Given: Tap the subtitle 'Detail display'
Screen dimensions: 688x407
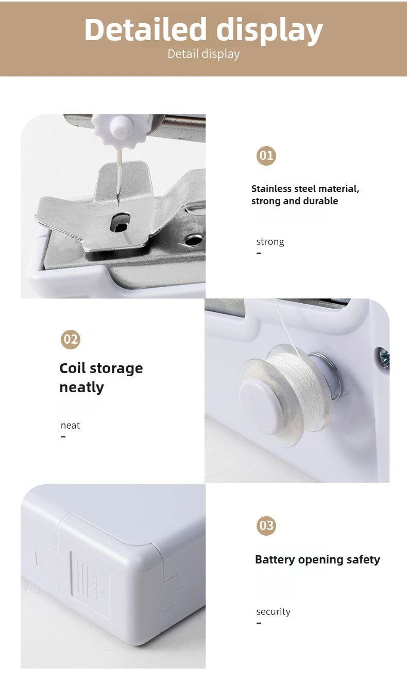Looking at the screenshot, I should pos(203,54).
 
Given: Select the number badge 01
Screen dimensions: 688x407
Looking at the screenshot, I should pos(266,155).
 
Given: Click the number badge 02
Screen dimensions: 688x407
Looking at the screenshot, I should pos(71,339).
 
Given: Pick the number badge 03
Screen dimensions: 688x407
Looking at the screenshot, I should pos(266,525).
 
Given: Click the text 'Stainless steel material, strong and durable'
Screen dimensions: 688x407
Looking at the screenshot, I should pos(305,195).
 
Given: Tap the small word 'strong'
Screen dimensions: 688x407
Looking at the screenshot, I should pos(270,241).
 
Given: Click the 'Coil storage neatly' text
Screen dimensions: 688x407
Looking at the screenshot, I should pos(101,377).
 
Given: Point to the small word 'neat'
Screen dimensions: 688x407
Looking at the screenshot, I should pos(70,425).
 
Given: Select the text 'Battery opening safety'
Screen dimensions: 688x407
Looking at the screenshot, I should pos(317,559).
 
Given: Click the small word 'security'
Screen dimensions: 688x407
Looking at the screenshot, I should pos(273,611).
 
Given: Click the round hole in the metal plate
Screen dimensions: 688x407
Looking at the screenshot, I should pos(193,240).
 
